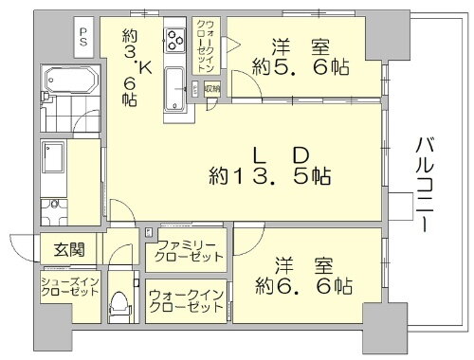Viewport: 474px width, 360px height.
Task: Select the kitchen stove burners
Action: (x=176, y=41)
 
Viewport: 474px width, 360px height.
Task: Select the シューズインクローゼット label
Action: (x=69, y=286)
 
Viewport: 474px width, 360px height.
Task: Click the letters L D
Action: (x=273, y=153)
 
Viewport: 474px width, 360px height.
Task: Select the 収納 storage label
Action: (x=211, y=89)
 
